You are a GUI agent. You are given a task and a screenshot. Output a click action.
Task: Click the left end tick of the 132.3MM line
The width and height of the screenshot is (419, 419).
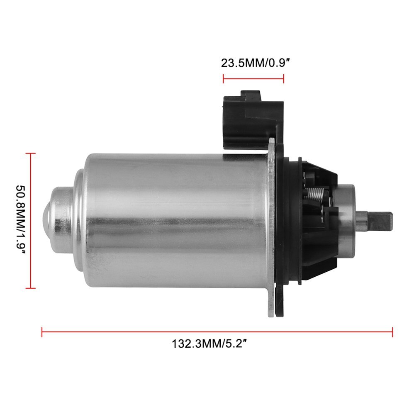(x=42, y=331)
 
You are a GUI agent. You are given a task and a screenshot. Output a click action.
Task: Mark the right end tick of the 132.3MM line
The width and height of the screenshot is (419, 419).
(x=392, y=331)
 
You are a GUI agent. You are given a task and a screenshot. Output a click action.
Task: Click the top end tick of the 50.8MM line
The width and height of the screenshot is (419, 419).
(x=31, y=153)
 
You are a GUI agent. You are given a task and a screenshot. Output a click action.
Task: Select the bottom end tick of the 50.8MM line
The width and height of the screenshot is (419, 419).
(x=31, y=287)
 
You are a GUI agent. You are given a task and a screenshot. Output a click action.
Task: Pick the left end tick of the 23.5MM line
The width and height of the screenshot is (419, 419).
(x=224, y=78)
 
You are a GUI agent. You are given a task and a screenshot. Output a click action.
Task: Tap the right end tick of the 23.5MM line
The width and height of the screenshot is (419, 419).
(x=284, y=78)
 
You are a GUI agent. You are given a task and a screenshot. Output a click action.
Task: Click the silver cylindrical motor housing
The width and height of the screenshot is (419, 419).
(x=174, y=220)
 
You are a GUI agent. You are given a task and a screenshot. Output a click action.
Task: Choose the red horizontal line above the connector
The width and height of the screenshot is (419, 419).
(x=253, y=78)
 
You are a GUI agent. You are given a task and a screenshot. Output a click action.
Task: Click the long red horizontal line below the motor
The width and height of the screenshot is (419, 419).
(x=216, y=331)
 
